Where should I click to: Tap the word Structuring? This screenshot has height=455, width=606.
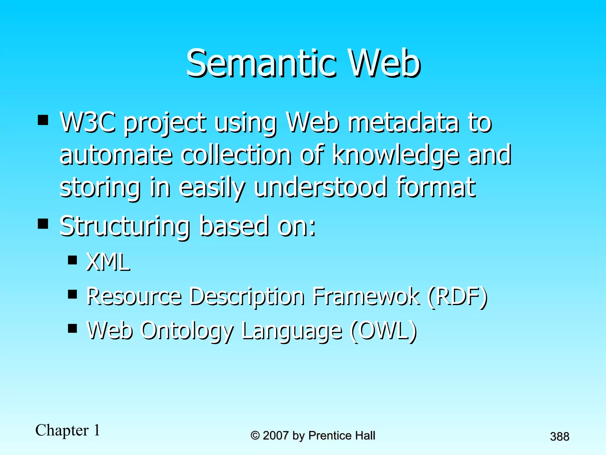[x=125, y=226]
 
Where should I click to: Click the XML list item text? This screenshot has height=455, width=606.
[x=108, y=262]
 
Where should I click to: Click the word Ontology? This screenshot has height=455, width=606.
[x=187, y=331]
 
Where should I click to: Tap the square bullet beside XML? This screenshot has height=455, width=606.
[x=72, y=260]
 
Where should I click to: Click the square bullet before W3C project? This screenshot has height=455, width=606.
[x=43, y=120]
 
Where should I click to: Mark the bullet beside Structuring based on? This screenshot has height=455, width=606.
[x=43, y=224]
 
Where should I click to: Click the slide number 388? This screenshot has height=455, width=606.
[x=560, y=436]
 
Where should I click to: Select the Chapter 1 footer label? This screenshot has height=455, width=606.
[x=68, y=430]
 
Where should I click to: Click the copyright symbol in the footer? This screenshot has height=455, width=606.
[x=255, y=435]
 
